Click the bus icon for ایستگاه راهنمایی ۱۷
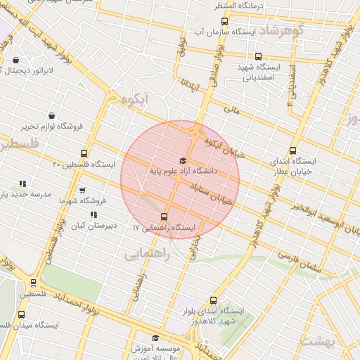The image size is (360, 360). (x=165, y=217)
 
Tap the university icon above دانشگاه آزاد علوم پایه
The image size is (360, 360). (x=184, y=160)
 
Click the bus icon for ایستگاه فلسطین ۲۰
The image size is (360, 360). (x=84, y=153)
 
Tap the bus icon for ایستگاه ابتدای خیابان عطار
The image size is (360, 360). (x=293, y=150)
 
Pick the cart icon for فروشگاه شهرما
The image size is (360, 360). (x=83, y=191)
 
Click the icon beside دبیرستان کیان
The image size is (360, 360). (x=93, y=214)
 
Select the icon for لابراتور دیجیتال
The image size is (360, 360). (x=15, y=60)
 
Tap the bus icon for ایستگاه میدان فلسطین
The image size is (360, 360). (x=20, y=314)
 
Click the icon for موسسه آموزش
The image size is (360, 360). (x=155, y=337)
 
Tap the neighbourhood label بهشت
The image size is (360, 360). (x=321, y=341)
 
